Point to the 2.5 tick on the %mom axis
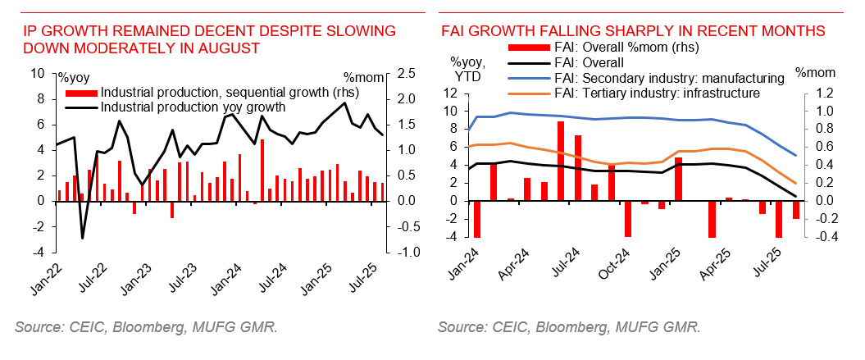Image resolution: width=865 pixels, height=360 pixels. click(x=406, y=74)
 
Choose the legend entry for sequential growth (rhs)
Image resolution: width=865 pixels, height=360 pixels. click(x=205, y=92)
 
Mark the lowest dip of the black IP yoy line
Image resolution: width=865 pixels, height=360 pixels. click(x=82, y=238)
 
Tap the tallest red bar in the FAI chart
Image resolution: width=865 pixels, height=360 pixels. click(x=561, y=161)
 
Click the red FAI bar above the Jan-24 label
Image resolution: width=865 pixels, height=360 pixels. click(x=476, y=219)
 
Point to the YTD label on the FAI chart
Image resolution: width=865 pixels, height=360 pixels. click(x=468, y=76)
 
